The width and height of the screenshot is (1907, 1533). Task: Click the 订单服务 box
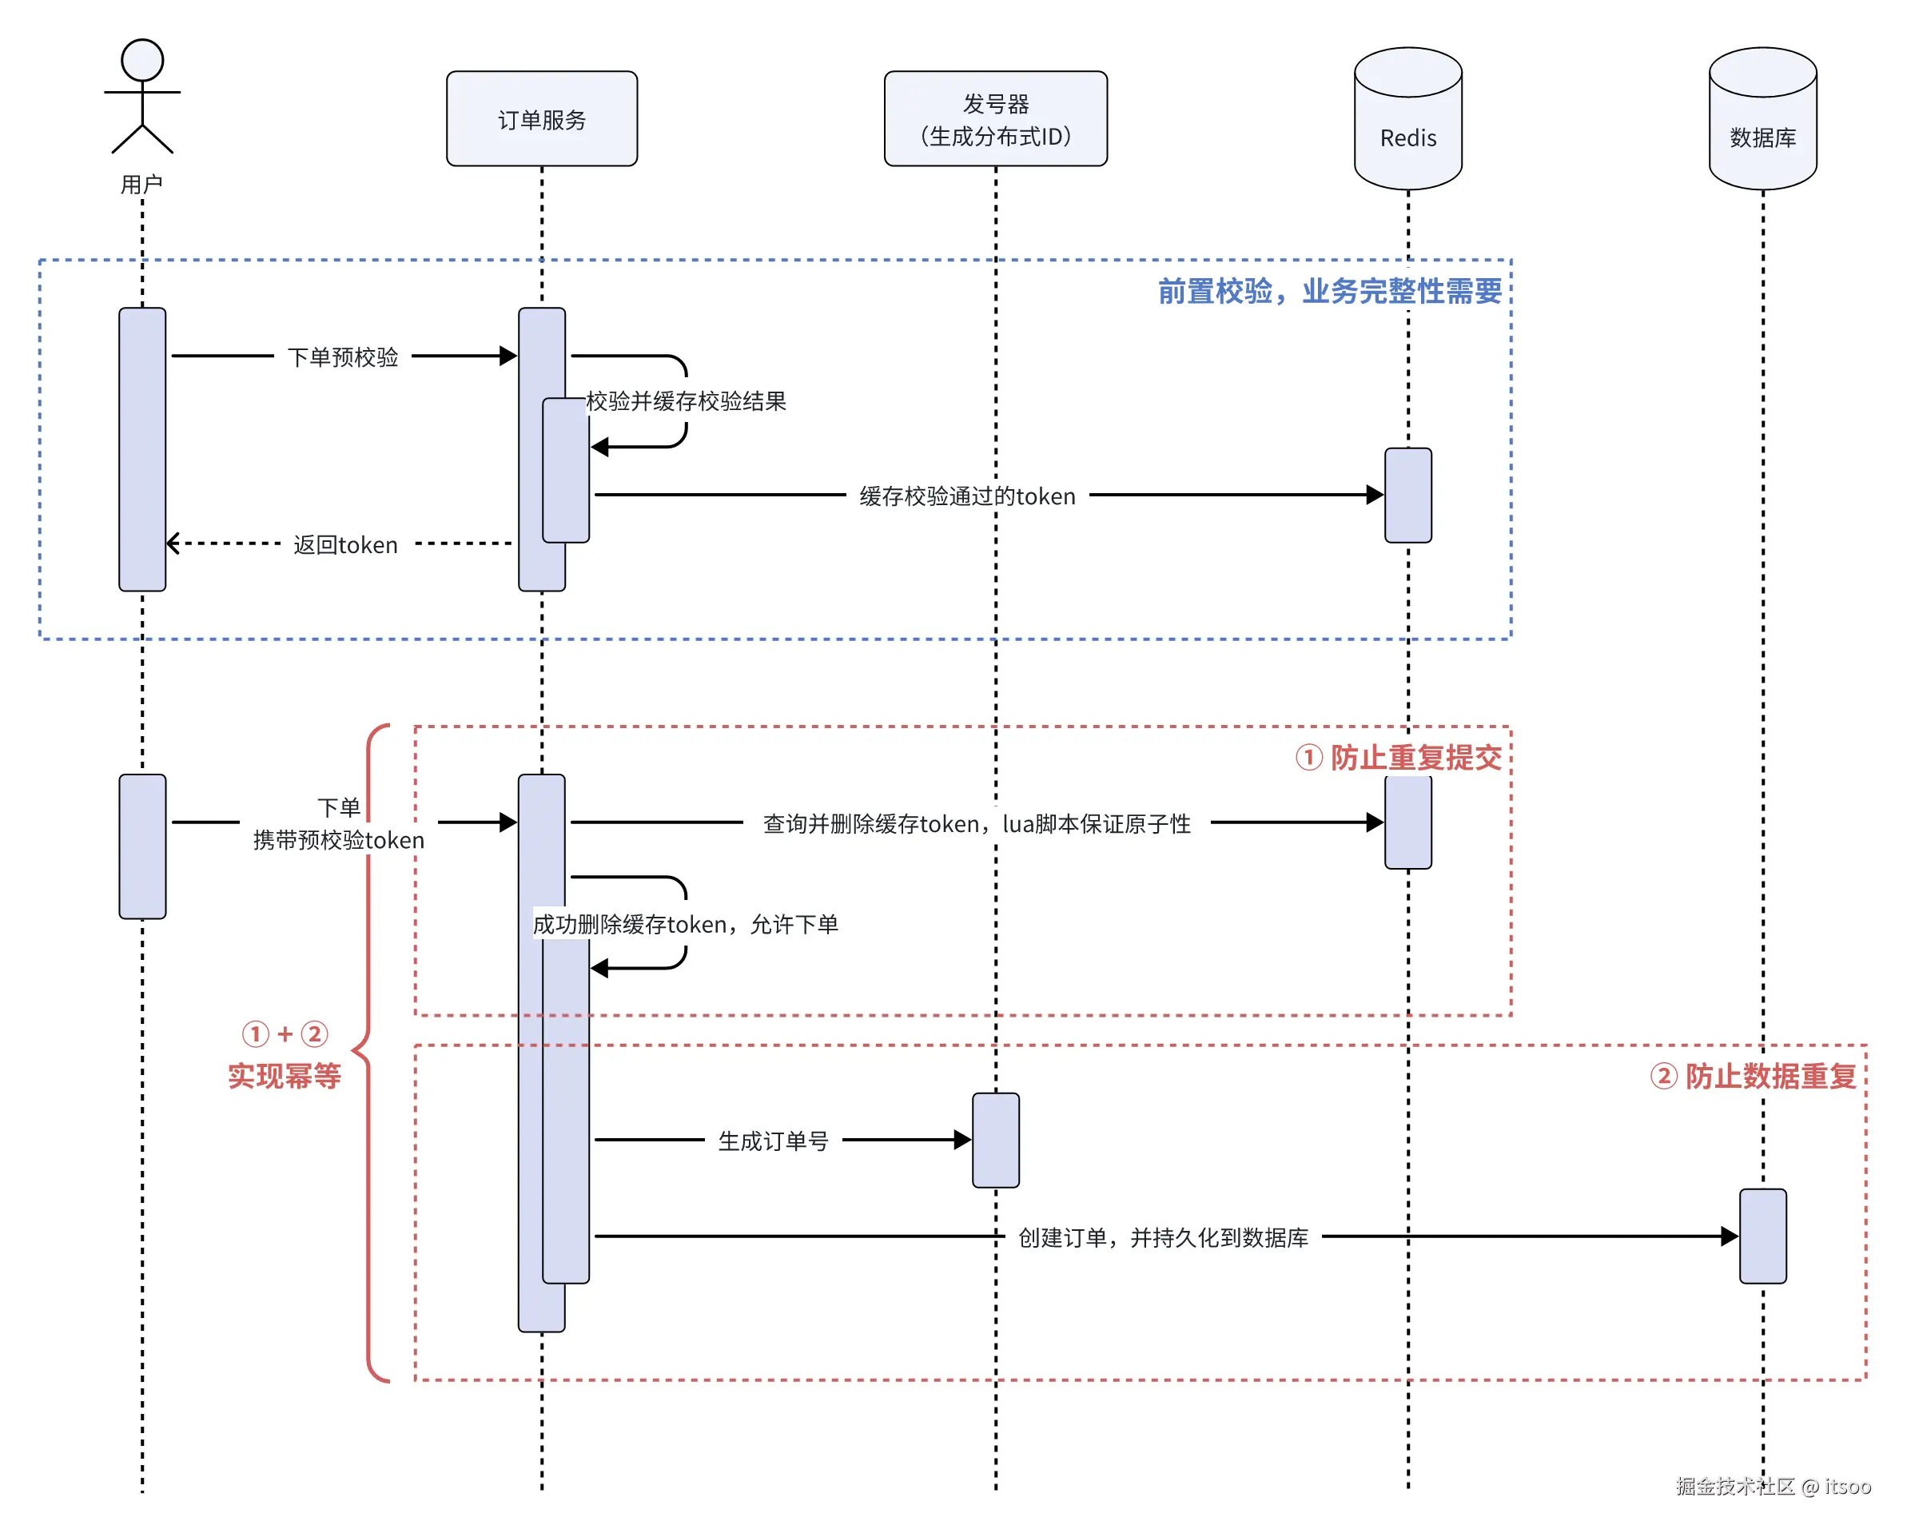(x=541, y=118)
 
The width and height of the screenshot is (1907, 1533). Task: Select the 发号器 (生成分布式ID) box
(x=995, y=118)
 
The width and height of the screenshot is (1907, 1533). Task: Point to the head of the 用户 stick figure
(x=142, y=60)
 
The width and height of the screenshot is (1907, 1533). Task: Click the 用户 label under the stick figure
(x=141, y=184)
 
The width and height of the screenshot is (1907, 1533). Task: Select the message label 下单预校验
(x=342, y=356)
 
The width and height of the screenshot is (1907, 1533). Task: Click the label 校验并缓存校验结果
(x=686, y=400)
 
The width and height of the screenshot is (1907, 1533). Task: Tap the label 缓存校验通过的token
(x=967, y=496)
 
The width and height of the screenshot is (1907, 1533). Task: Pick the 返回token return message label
(x=345, y=545)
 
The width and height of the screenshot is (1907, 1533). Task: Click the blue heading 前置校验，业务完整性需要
(x=1328, y=291)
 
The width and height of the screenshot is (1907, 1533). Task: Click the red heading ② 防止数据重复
(x=1752, y=1076)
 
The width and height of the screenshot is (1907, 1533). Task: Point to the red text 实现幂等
(x=284, y=1076)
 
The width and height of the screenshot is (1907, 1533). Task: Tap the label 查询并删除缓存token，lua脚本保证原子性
(x=977, y=823)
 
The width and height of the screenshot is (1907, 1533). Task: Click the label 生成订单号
(x=773, y=1141)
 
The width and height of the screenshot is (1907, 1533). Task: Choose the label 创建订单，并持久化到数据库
(x=1162, y=1236)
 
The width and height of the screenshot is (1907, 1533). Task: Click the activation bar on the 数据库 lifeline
(x=1762, y=1236)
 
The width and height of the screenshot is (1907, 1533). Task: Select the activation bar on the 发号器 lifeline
(x=995, y=1139)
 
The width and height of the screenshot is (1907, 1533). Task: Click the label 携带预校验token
(x=338, y=839)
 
